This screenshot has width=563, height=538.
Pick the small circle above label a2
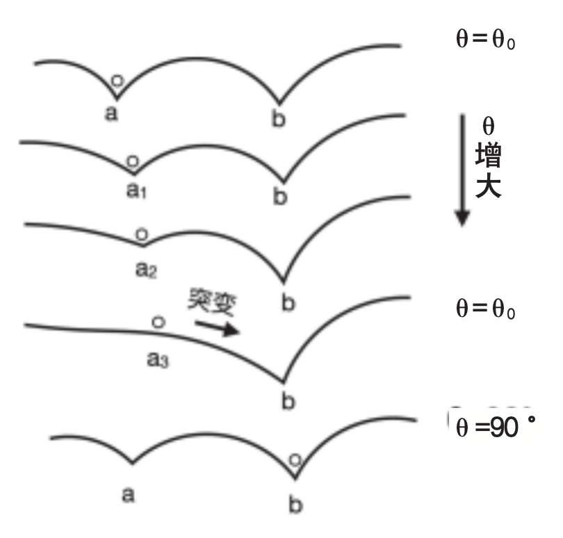point(141,234)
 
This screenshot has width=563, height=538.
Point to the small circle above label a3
point(158,322)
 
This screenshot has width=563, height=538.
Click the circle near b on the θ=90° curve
point(295,459)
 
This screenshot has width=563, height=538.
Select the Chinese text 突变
point(211,302)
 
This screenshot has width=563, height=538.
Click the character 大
point(489,188)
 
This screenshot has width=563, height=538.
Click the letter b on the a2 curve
point(282,303)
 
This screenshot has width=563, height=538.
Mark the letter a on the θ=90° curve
point(127,494)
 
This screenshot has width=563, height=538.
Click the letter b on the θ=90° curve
point(295,504)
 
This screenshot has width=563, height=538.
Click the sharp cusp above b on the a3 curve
point(283,381)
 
